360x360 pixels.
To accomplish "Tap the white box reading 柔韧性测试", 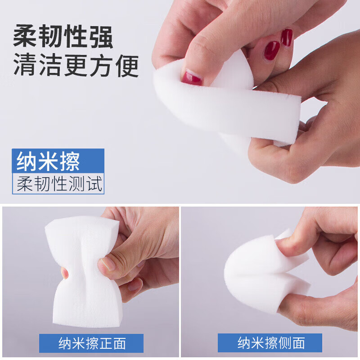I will [x=58, y=184].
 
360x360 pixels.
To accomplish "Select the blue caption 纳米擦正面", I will [x=91, y=343].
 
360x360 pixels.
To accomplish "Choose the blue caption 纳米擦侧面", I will [x=270, y=343].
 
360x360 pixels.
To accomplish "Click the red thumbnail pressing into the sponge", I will [x=192, y=78].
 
